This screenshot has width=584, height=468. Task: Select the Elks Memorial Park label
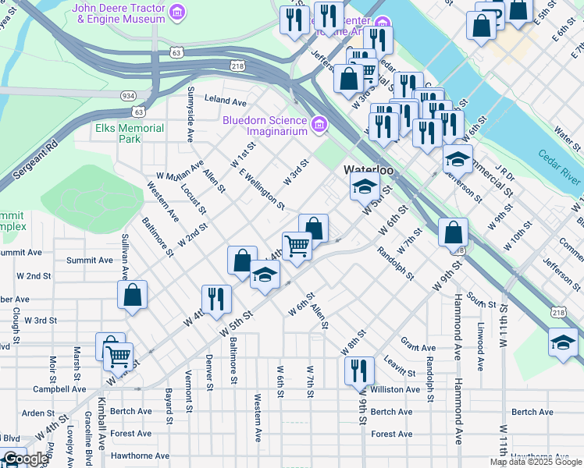click(x=130, y=133)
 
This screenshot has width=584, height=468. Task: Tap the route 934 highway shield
click(x=127, y=94)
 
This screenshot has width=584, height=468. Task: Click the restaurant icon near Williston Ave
click(x=358, y=370)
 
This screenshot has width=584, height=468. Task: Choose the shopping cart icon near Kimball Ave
click(x=118, y=357)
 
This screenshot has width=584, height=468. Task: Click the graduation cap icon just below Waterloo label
click(x=365, y=187)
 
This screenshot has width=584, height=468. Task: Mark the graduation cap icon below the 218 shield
click(x=563, y=342)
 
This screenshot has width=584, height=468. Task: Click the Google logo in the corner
click(x=25, y=459)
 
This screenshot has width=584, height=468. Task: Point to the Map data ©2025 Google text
click(x=536, y=462)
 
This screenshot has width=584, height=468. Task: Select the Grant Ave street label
click(x=418, y=347)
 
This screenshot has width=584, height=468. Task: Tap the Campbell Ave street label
click(x=59, y=388)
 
